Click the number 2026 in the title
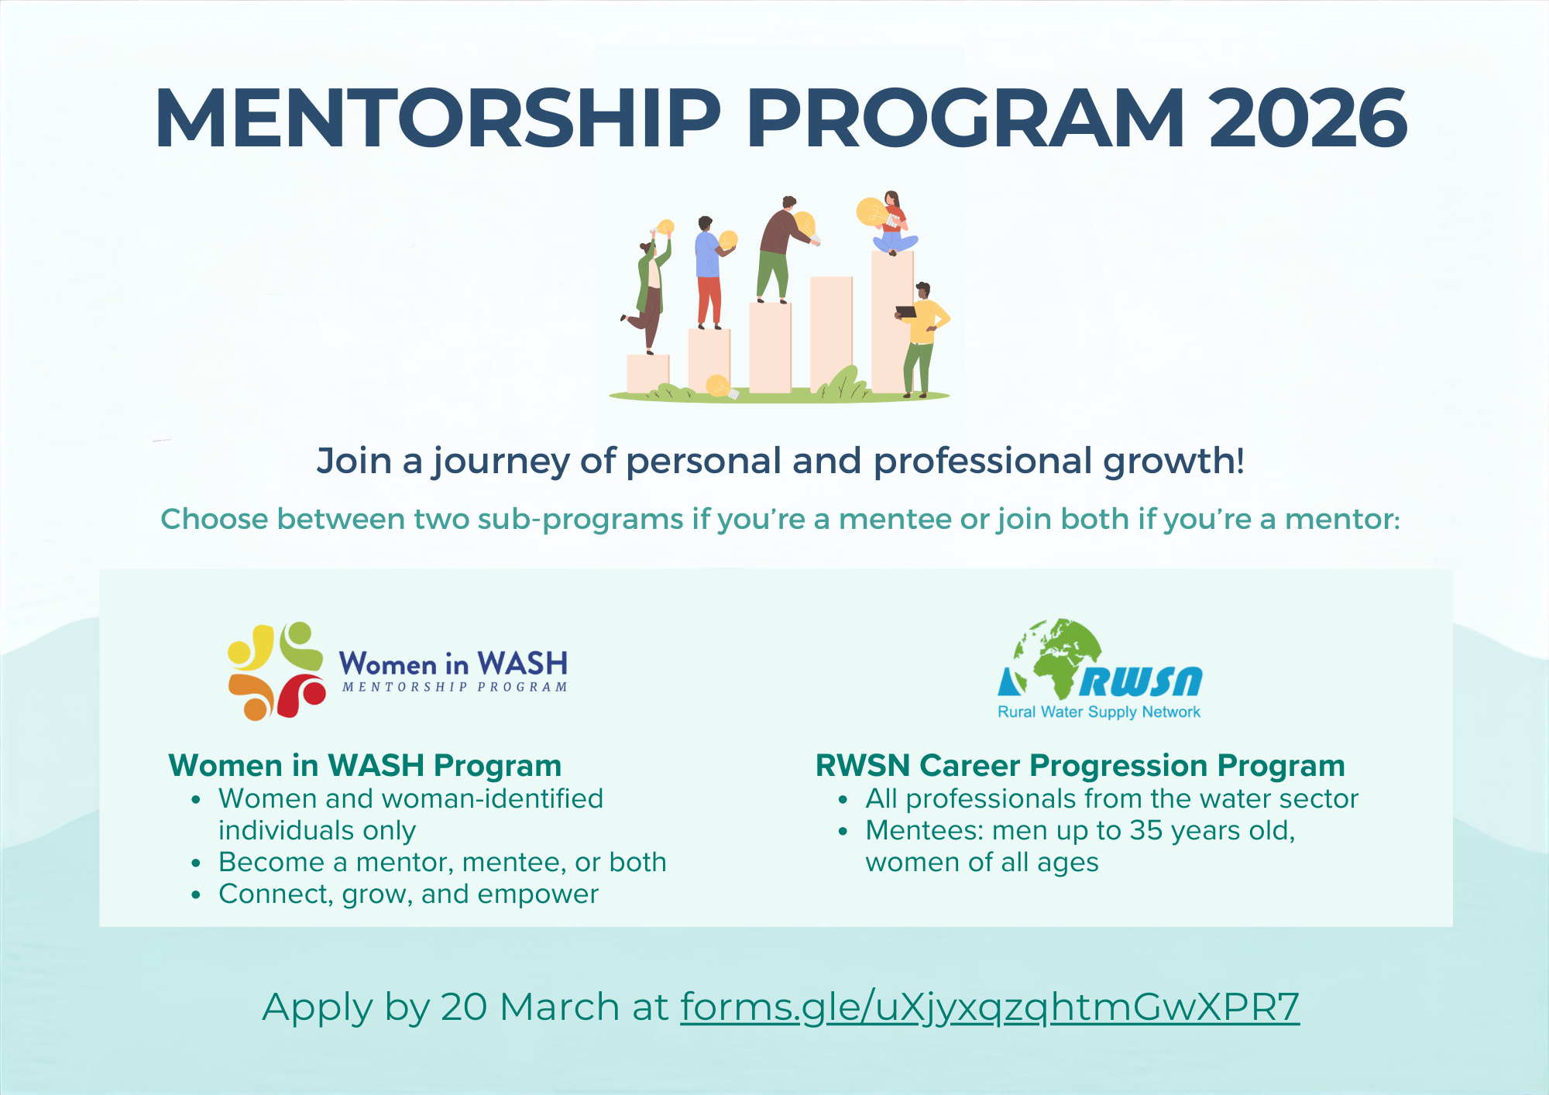pos(1308,118)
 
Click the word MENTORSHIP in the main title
pos(438,118)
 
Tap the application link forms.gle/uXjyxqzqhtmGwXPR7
pos(990,1007)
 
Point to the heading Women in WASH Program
pos(365,765)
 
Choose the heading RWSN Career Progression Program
pos(1080,765)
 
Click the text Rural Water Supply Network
pos(1099,712)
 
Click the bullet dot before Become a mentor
pos(197,863)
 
